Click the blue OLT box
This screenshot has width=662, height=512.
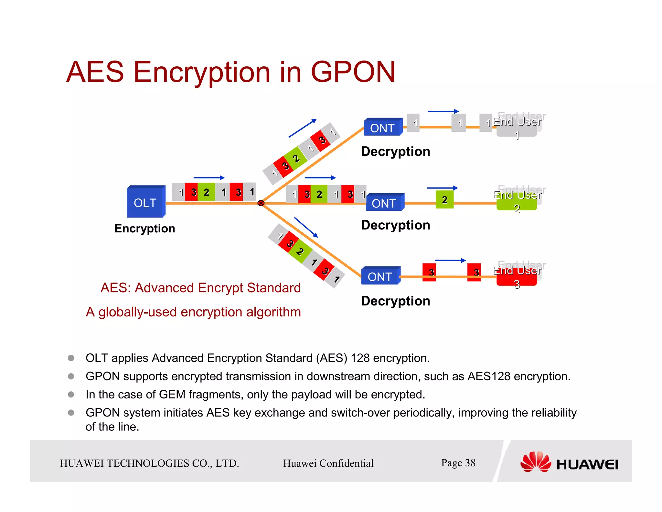click(145, 202)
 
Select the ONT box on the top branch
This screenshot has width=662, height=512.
click(383, 128)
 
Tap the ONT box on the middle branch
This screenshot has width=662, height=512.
click(384, 203)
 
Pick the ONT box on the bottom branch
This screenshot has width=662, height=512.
click(380, 276)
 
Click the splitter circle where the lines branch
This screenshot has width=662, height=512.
click(261, 203)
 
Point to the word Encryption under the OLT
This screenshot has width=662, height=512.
click(144, 228)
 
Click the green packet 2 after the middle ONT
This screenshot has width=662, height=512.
click(444, 200)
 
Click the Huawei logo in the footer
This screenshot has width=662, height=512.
click(569, 463)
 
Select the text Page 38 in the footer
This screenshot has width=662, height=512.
click(458, 463)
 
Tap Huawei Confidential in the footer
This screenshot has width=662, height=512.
click(328, 463)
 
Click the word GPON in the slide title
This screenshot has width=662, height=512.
click(353, 72)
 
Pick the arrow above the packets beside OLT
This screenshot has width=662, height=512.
click(209, 178)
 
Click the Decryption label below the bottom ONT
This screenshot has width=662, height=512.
click(395, 301)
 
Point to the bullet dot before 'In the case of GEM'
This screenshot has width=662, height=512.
click(71, 394)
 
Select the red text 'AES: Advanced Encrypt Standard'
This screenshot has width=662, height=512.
click(200, 288)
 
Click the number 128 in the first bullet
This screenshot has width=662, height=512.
click(360, 358)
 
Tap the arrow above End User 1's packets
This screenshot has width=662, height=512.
click(443, 111)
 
